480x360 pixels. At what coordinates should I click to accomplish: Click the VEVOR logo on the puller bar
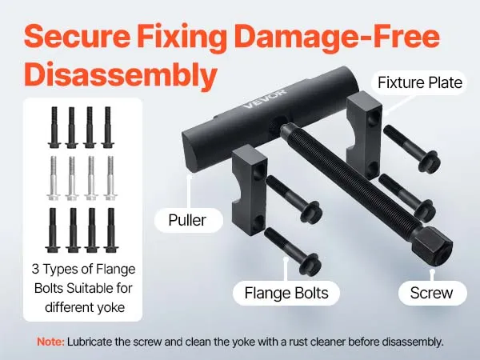pyautogui.click(x=265, y=98)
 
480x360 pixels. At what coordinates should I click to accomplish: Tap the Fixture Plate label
pyautogui.click(x=420, y=82)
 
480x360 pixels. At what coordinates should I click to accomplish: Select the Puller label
pyautogui.click(x=187, y=220)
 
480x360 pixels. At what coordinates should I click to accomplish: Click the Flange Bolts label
pyautogui.click(x=286, y=293)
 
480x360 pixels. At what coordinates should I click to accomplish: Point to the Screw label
pyautogui.click(x=431, y=293)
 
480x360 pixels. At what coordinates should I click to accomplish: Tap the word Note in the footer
pyautogui.click(x=50, y=342)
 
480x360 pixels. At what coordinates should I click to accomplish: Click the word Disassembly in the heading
pyautogui.click(x=121, y=74)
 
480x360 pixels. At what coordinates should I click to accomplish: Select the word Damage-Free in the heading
pyautogui.click(x=338, y=37)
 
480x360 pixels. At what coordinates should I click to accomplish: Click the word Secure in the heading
pyautogui.click(x=77, y=37)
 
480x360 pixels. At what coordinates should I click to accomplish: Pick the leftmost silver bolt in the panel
pyautogui.click(x=54, y=178)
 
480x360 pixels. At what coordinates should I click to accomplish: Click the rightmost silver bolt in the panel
pyautogui.click(x=110, y=178)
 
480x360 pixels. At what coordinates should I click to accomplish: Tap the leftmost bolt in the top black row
pyautogui.click(x=54, y=127)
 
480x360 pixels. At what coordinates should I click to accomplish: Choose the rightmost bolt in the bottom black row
pyautogui.click(x=111, y=230)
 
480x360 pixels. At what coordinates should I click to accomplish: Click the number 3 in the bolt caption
pyautogui.click(x=35, y=269)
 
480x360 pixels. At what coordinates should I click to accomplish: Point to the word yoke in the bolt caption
pyautogui.click(x=111, y=307)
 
